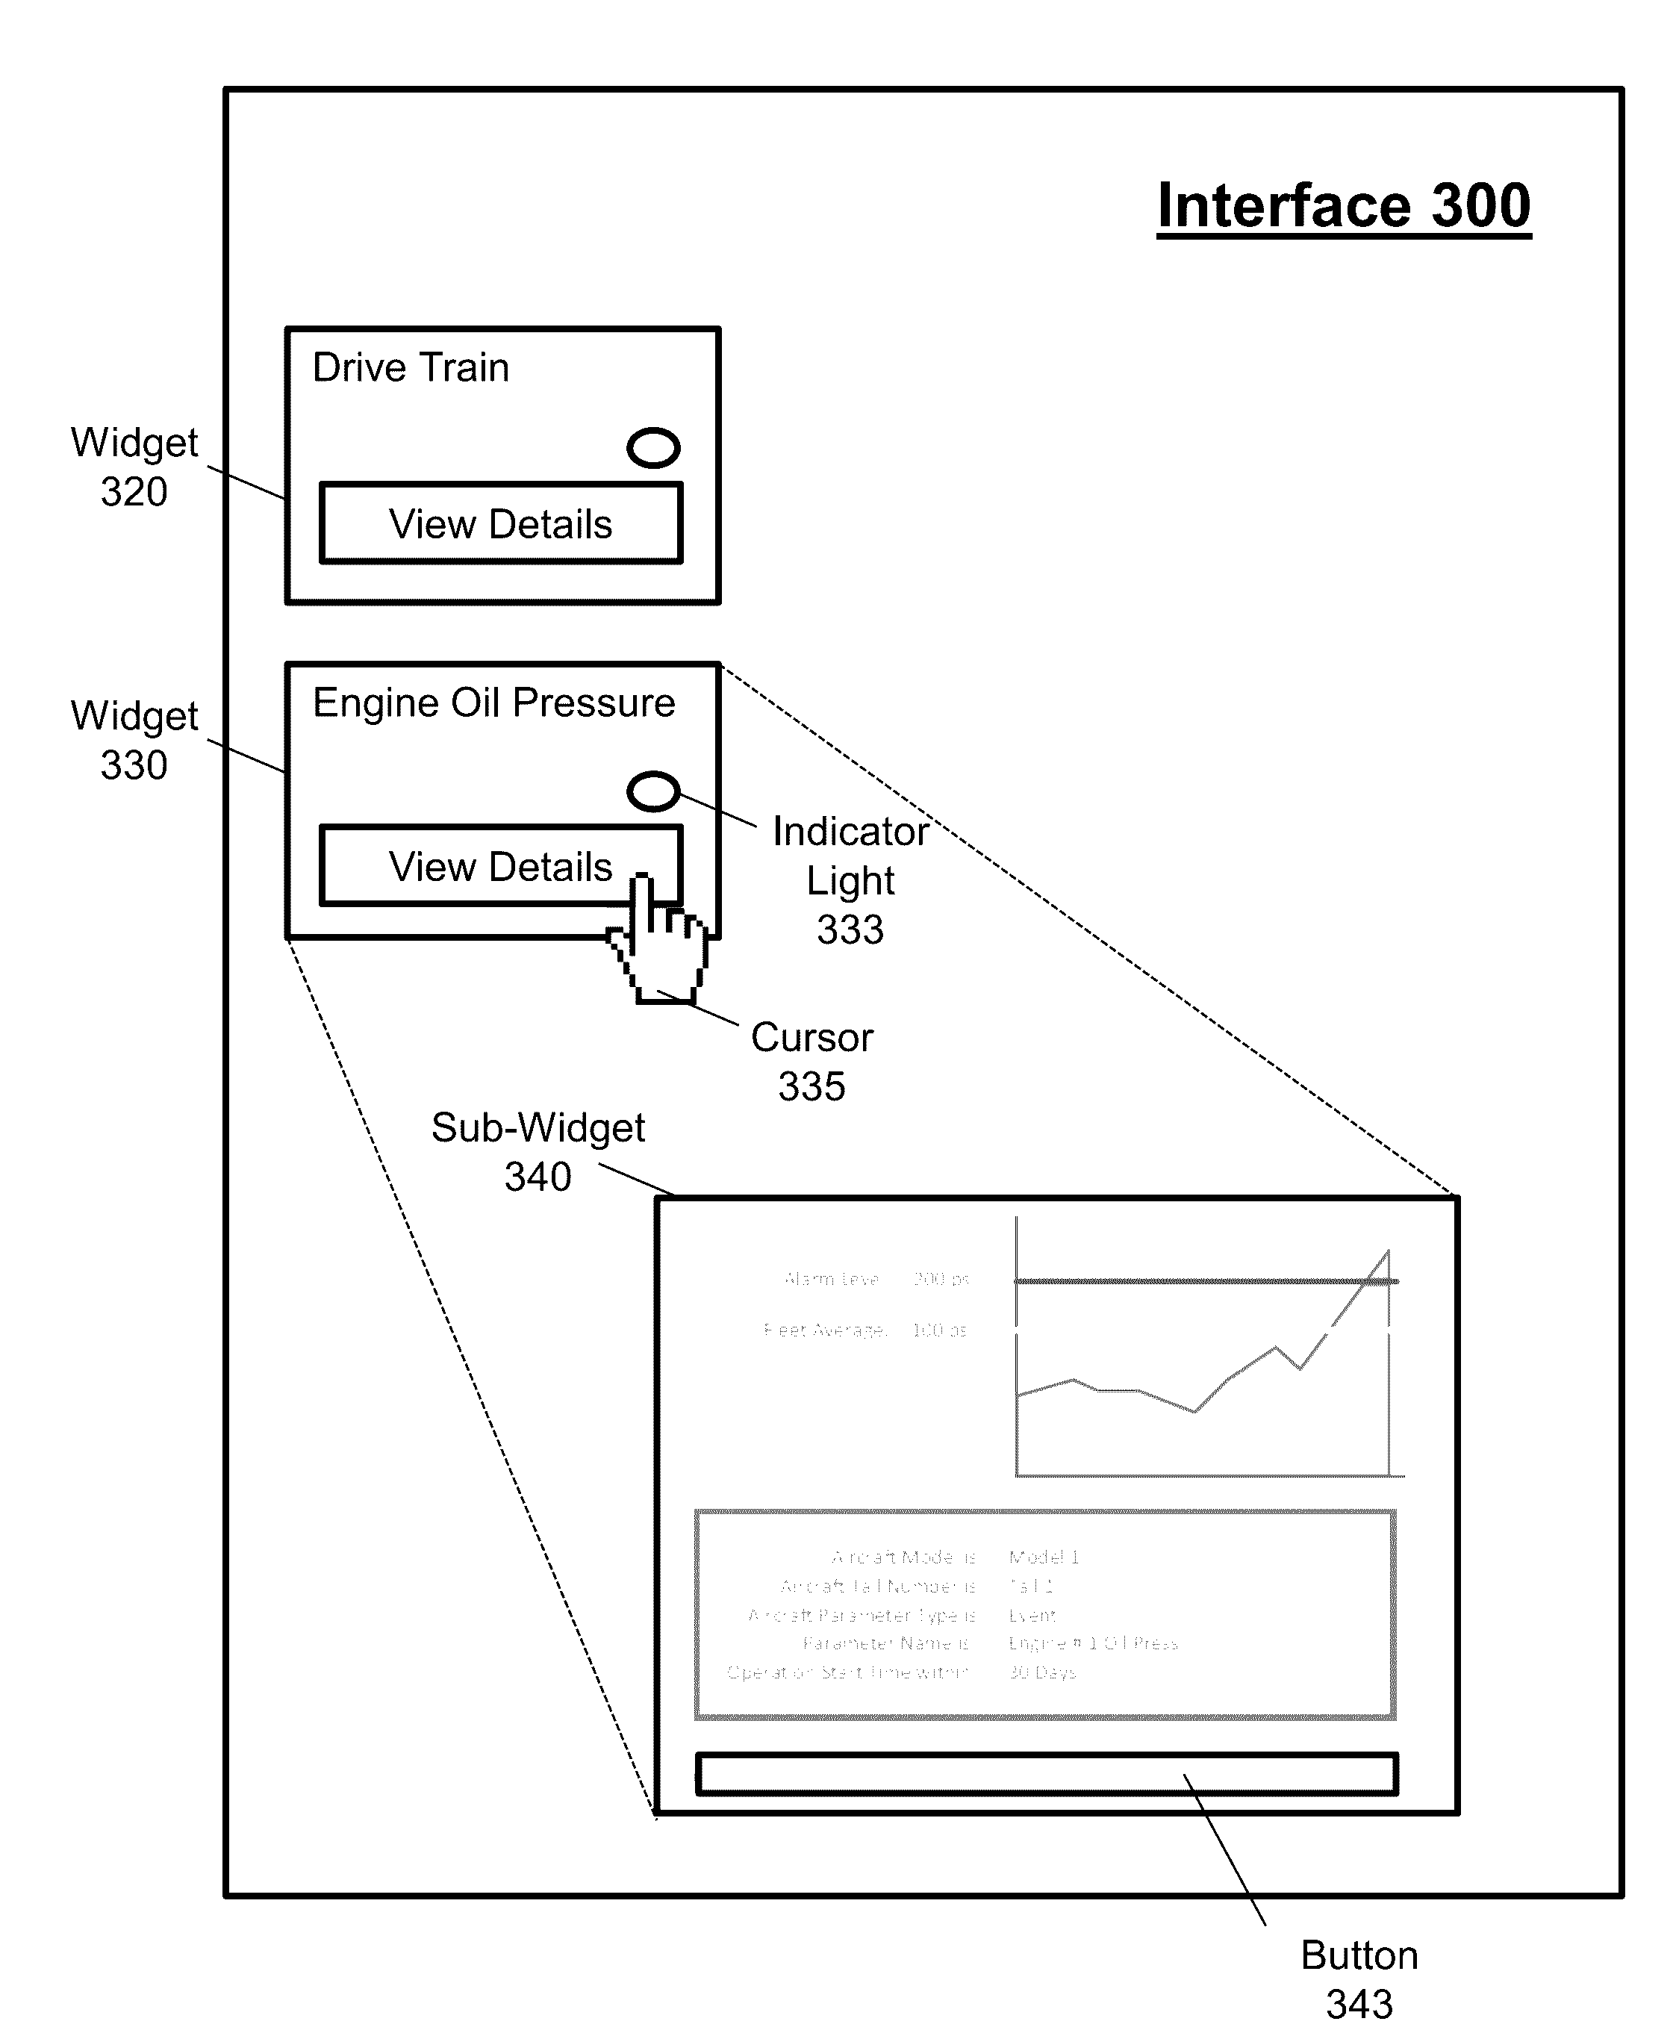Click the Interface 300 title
(x=1344, y=206)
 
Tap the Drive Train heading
(x=411, y=368)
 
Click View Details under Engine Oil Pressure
(x=500, y=866)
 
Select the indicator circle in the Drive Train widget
(x=653, y=448)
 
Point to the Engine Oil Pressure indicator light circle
(x=653, y=791)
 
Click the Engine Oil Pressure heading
(x=493, y=703)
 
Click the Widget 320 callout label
(x=134, y=467)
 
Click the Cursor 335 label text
(x=811, y=1062)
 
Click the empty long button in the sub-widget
(x=1046, y=1774)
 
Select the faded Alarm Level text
(x=831, y=1280)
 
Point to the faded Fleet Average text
(x=825, y=1330)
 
